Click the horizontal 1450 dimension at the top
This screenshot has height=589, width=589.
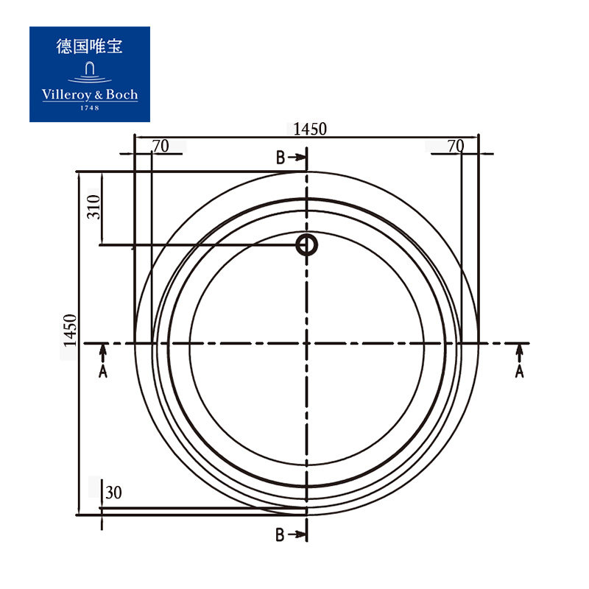coord(310,130)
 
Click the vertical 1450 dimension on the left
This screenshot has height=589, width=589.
coord(70,330)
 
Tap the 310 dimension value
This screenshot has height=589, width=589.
coord(94,207)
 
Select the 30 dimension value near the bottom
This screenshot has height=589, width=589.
coord(113,493)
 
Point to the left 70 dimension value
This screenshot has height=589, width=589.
coord(161,146)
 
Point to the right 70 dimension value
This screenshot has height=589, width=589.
coord(456,146)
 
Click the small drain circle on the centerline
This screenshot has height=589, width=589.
coord(307,244)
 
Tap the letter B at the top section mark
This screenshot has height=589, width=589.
coord(281,158)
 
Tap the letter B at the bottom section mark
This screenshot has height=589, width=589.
coord(280,535)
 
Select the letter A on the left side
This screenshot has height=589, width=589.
coord(103,371)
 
